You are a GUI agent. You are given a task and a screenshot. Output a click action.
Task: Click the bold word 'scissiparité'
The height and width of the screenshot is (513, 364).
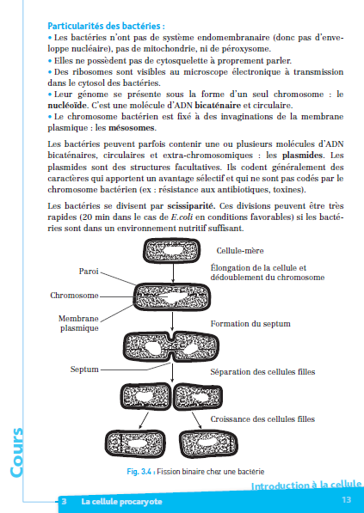[192, 206]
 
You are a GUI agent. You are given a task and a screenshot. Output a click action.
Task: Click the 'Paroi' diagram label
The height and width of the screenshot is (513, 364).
[89, 272]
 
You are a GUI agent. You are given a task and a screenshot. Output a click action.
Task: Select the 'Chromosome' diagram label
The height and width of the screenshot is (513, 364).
[74, 296]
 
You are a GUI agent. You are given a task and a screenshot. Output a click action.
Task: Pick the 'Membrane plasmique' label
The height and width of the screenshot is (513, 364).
[79, 323]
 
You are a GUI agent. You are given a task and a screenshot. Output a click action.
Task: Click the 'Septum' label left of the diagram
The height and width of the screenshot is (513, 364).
[84, 369]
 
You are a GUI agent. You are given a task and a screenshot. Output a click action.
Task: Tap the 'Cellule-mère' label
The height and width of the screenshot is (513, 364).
[240, 251]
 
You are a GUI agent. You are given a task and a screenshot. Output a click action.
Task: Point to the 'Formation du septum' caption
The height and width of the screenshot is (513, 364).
[250, 324]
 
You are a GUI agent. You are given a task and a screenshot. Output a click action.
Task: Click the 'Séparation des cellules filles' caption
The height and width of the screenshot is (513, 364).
[262, 372]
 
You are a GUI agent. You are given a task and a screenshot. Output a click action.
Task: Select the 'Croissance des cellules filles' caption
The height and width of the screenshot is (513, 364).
[262, 419]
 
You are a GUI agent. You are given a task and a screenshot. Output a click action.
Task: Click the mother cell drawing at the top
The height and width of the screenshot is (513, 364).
[172, 251]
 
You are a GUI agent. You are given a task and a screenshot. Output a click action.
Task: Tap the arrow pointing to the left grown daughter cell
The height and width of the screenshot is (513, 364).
[144, 420]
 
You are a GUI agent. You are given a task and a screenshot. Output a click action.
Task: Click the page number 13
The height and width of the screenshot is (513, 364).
[346, 500]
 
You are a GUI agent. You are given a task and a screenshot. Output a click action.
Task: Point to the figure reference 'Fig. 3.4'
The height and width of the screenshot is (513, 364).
[140, 472]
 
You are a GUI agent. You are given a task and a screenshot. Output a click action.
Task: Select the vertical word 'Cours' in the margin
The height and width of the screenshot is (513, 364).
[16, 453]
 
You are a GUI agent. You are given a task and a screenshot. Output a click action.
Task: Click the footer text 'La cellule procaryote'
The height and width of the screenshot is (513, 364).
[121, 502]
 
